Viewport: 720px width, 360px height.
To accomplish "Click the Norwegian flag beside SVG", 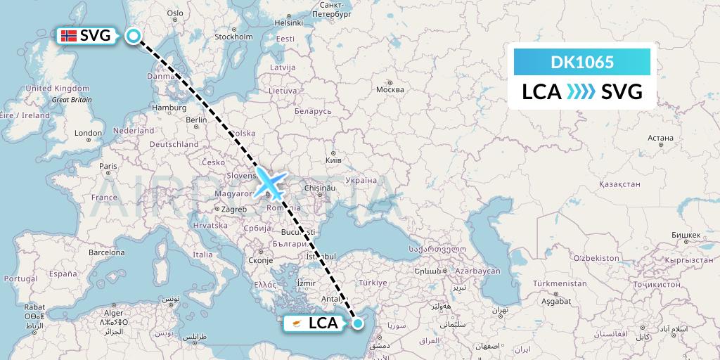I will (69, 36).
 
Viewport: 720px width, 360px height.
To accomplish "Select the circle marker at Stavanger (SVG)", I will (134, 36).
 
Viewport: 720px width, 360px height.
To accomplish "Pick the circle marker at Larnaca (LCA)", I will (359, 323).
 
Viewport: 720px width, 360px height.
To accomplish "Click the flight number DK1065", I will (582, 63).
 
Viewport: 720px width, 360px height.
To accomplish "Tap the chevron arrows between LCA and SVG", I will (581, 91).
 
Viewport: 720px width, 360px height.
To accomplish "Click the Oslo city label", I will (175, 13).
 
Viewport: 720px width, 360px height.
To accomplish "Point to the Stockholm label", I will (233, 37).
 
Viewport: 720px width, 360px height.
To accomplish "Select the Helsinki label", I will (288, 22).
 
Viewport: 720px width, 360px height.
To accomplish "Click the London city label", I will (89, 133).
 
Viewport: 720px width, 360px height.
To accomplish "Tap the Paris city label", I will (108, 167).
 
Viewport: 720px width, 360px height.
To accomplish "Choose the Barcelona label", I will (105, 250).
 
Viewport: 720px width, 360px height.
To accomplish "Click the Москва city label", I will (390, 90).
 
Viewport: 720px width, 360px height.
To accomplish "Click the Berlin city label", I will (196, 120).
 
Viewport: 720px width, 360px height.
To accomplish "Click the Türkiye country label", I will (373, 283).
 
